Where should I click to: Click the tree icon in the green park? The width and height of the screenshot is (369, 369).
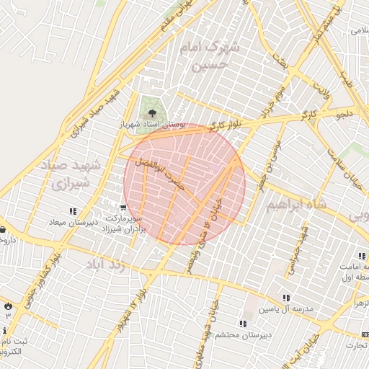(151, 113)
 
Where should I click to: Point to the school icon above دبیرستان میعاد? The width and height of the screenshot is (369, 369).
(72, 211)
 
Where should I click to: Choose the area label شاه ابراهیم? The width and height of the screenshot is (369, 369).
(296, 205)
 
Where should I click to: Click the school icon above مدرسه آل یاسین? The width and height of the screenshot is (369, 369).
(286, 298)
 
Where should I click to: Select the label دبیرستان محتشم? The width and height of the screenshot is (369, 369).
(246, 334)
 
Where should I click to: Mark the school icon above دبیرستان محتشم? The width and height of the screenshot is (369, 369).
(242, 324)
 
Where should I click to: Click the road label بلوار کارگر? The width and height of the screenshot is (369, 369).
(223, 125)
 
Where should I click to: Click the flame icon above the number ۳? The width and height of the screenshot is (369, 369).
(8, 306)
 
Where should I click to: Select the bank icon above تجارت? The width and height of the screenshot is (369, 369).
(363, 335)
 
